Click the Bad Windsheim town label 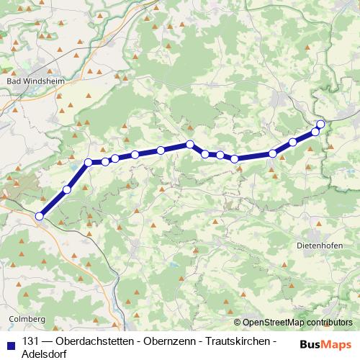pyautogui.click(x=35, y=81)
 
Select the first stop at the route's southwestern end pyautogui.click(x=40, y=215)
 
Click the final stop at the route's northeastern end pyautogui.click(x=320, y=125)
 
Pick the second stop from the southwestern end pyautogui.click(x=67, y=189)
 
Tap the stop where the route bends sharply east pyautogui.click(x=89, y=163)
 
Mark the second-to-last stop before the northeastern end pyautogui.click(x=315, y=132)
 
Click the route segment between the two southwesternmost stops pyautogui.click(x=53, y=202)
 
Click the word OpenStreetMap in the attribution pyautogui.click(x=273, y=323)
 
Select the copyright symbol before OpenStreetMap pyautogui.click(x=237, y=323)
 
